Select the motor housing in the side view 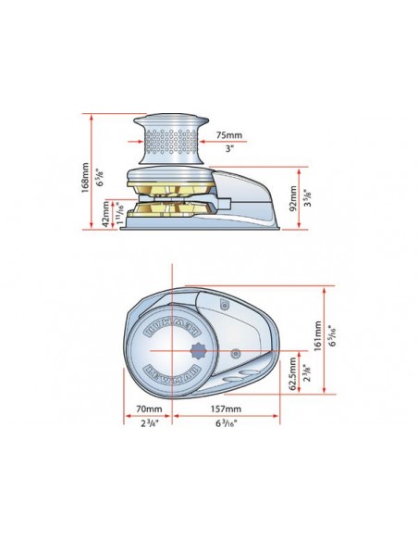coord(245,195)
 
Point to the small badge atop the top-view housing coord(223,304)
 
